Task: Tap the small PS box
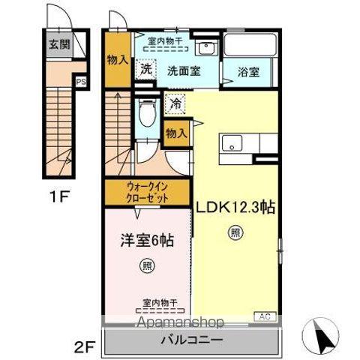(x=79, y=83)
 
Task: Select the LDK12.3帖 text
(x=235, y=208)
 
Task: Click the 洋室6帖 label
(x=148, y=241)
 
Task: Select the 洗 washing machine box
(x=145, y=67)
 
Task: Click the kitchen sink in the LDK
(x=232, y=142)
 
